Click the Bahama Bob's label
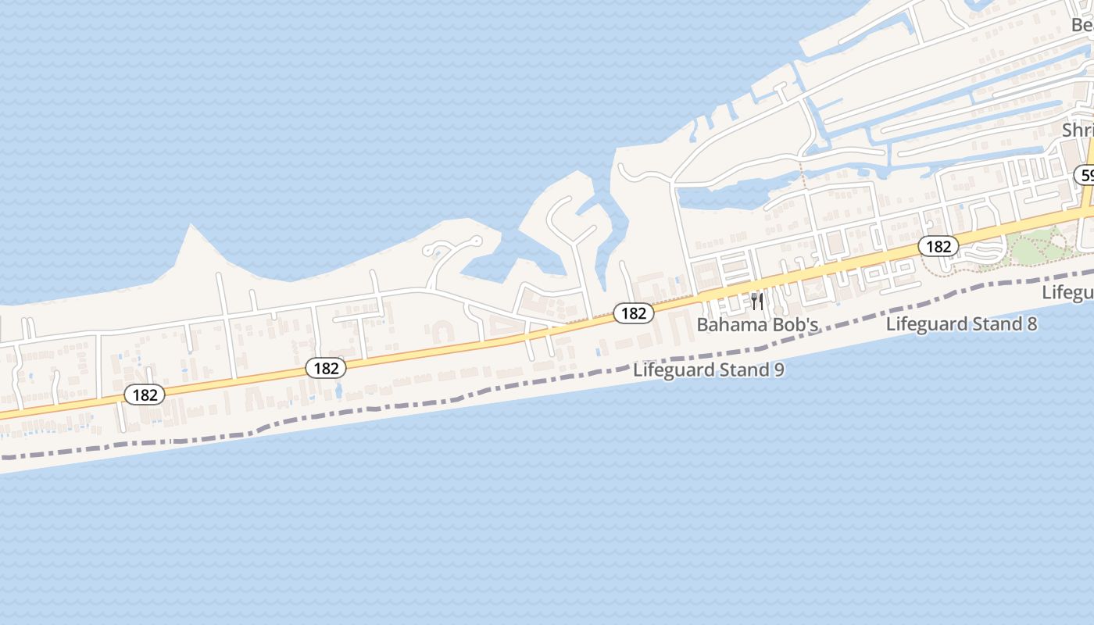[x=757, y=324]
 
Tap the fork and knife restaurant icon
[x=756, y=302]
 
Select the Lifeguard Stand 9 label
[x=708, y=370]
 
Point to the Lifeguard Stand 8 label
[x=961, y=323]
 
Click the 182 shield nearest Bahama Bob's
[x=633, y=313]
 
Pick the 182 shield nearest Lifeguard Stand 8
[x=938, y=247]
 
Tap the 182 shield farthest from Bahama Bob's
[x=145, y=395]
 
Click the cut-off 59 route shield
[x=1086, y=175]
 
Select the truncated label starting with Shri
[x=1078, y=130]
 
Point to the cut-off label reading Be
[x=1082, y=25]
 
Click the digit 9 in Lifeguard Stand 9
[x=778, y=370]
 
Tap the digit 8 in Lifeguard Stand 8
[x=1031, y=323]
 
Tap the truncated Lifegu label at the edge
[x=1069, y=292]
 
